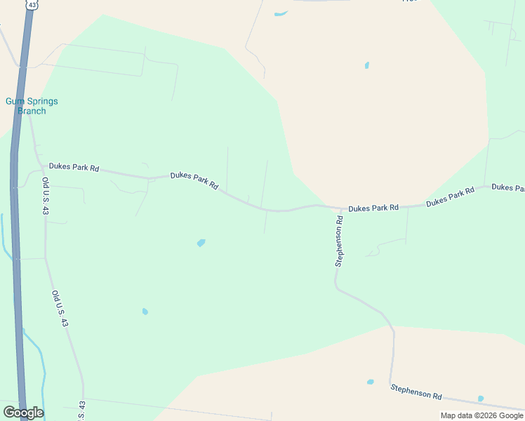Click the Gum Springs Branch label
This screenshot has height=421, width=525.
tap(32, 106)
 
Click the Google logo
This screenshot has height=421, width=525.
tap(22, 413)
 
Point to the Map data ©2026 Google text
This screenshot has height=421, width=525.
tap(481, 415)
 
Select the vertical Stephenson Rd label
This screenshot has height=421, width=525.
tap(339, 241)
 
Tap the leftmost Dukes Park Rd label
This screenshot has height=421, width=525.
tap(74, 168)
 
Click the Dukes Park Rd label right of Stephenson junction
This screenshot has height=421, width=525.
tap(373, 208)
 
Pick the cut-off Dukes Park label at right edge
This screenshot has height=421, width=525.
tap(508, 187)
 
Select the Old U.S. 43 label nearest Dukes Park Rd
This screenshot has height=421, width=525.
tap(46, 196)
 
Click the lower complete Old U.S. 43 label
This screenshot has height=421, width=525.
tap(60, 309)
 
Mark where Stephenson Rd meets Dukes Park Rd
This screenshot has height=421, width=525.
tap(341, 208)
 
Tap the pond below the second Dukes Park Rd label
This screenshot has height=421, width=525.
tap(201, 243)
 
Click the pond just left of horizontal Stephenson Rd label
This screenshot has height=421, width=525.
tap(370, 382)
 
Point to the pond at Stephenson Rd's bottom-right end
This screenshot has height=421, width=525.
tap(481, 399)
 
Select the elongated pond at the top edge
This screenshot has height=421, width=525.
tap(281, 13)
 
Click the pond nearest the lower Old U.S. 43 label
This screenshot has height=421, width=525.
tap(145, 312)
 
